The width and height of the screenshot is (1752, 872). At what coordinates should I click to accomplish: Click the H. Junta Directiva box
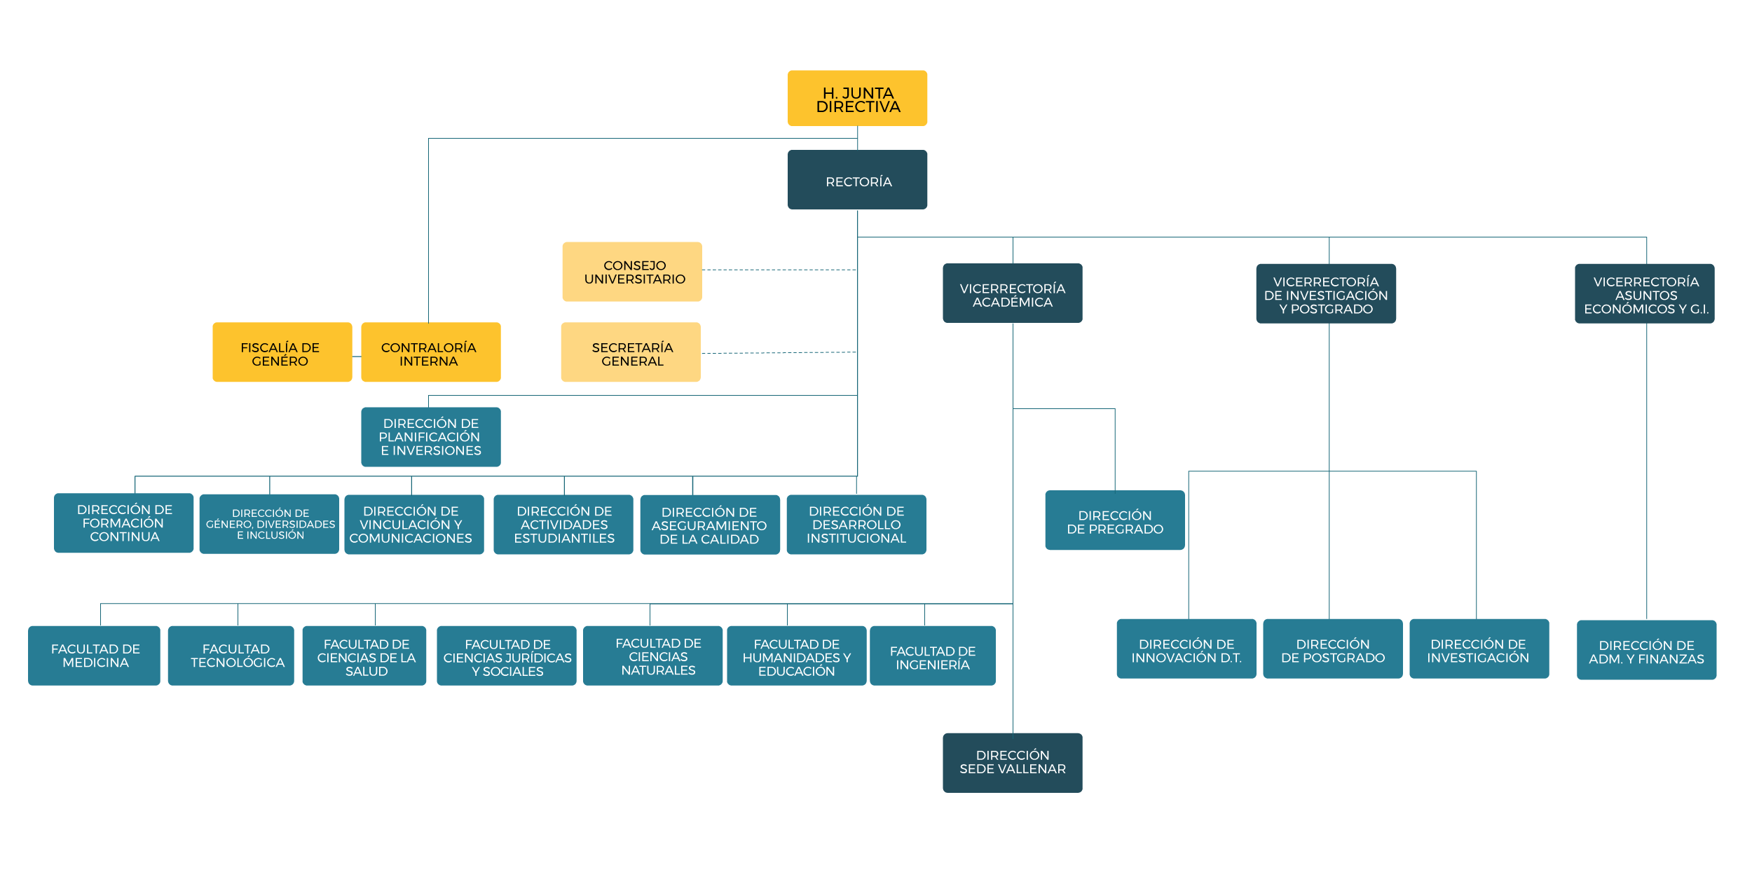857,98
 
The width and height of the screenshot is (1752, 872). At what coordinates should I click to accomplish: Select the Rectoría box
857,179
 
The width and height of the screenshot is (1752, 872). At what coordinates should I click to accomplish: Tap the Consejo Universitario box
632,272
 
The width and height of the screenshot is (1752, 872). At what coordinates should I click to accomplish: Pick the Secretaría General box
631,352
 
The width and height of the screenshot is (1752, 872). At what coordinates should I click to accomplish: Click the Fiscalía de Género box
282,352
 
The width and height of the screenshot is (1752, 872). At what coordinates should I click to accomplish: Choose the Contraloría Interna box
431,352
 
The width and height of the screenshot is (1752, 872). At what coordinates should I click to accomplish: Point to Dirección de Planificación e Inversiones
431,437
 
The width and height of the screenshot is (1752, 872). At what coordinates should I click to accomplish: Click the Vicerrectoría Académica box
1013,293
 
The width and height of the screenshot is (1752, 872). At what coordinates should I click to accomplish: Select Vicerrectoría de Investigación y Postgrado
1326,293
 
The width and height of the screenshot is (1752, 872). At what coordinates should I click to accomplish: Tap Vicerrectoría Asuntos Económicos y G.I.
1645,293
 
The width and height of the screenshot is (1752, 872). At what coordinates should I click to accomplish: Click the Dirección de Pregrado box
1115,520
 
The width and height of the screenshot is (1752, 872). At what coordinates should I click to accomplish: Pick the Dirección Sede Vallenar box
1013,763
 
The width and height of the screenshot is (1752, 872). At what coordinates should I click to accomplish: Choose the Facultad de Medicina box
94,656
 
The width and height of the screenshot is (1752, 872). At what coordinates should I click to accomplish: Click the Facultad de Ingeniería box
933,656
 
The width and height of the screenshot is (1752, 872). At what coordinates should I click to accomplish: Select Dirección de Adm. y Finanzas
1646,650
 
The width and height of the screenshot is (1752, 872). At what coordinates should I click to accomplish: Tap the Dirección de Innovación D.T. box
1186,649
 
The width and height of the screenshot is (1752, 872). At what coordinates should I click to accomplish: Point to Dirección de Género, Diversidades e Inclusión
269,524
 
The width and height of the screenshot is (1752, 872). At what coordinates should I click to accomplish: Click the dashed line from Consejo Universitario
779,270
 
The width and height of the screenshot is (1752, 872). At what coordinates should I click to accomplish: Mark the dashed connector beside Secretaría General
779,353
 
